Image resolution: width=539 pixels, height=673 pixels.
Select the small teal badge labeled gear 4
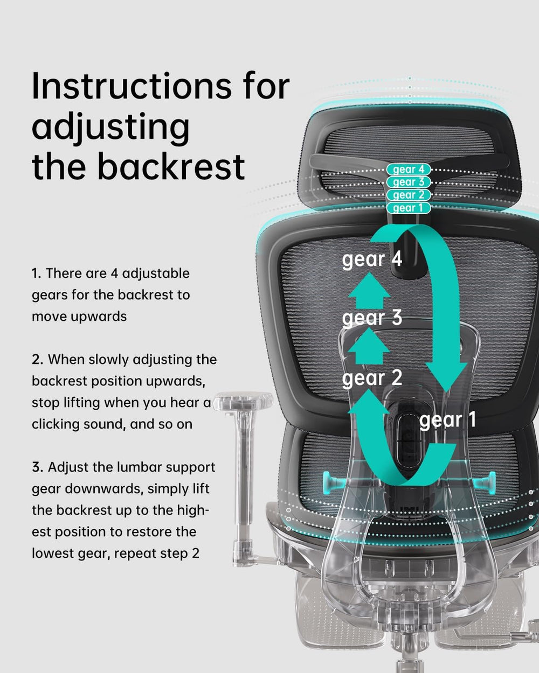click(409, 170)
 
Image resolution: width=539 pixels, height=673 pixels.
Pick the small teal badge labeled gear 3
click(409, 183)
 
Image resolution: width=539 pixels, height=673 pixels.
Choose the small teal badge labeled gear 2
click(409, 195)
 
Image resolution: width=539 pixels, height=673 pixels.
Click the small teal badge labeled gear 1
click(409, 208)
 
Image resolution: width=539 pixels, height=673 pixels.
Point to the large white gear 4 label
click(372, 260)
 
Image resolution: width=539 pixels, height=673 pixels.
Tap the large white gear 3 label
click(372, 318)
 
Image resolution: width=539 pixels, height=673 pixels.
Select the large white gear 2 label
click(372, 378)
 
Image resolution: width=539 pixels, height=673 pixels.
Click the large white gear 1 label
click(447, 420)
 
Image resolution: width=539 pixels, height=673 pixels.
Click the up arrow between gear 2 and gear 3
click(369, 349)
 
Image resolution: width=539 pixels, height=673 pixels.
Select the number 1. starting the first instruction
click(36, 274)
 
